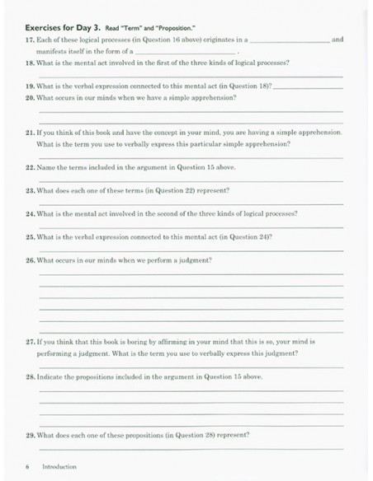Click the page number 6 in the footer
[27, 466]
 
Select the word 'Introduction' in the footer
[59, 466]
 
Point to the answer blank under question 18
[191, 76]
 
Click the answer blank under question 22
[191, 180]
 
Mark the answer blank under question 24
[191, 226]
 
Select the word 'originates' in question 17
[193, 40]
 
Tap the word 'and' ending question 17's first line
[337, 40]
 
